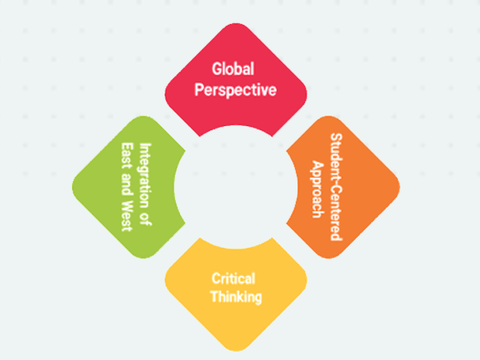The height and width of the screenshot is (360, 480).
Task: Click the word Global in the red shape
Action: click(233, 69)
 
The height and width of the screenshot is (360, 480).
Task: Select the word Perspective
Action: click(236, 90)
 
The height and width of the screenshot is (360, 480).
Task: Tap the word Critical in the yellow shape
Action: click(233, 279)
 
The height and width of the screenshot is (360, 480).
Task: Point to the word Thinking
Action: click(236, 297)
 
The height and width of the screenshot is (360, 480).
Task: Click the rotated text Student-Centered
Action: click(336, 187)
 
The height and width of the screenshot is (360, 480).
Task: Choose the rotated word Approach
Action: click(318, 189)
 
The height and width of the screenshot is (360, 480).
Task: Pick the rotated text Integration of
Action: click(146, 184)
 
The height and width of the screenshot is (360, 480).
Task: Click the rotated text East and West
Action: click(127, 187)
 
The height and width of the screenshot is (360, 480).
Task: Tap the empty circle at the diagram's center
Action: click(236, 187)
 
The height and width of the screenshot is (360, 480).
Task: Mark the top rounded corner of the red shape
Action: click(236, 24)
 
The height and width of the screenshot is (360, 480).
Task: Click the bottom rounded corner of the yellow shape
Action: click(236, 350)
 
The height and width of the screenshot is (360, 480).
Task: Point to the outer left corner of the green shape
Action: click(73, 187)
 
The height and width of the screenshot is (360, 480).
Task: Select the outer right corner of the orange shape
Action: click(399, 187)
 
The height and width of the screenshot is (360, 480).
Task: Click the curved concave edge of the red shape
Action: click(236, 125)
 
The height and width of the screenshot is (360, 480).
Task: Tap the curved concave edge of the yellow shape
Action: click(236, 249)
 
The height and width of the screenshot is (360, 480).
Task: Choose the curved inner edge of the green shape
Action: click(175, 187)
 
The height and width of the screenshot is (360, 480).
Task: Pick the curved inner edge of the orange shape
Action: click(297, 187)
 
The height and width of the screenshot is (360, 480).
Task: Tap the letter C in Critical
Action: click(216, 279)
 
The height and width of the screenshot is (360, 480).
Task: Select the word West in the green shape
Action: click(127, 216)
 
